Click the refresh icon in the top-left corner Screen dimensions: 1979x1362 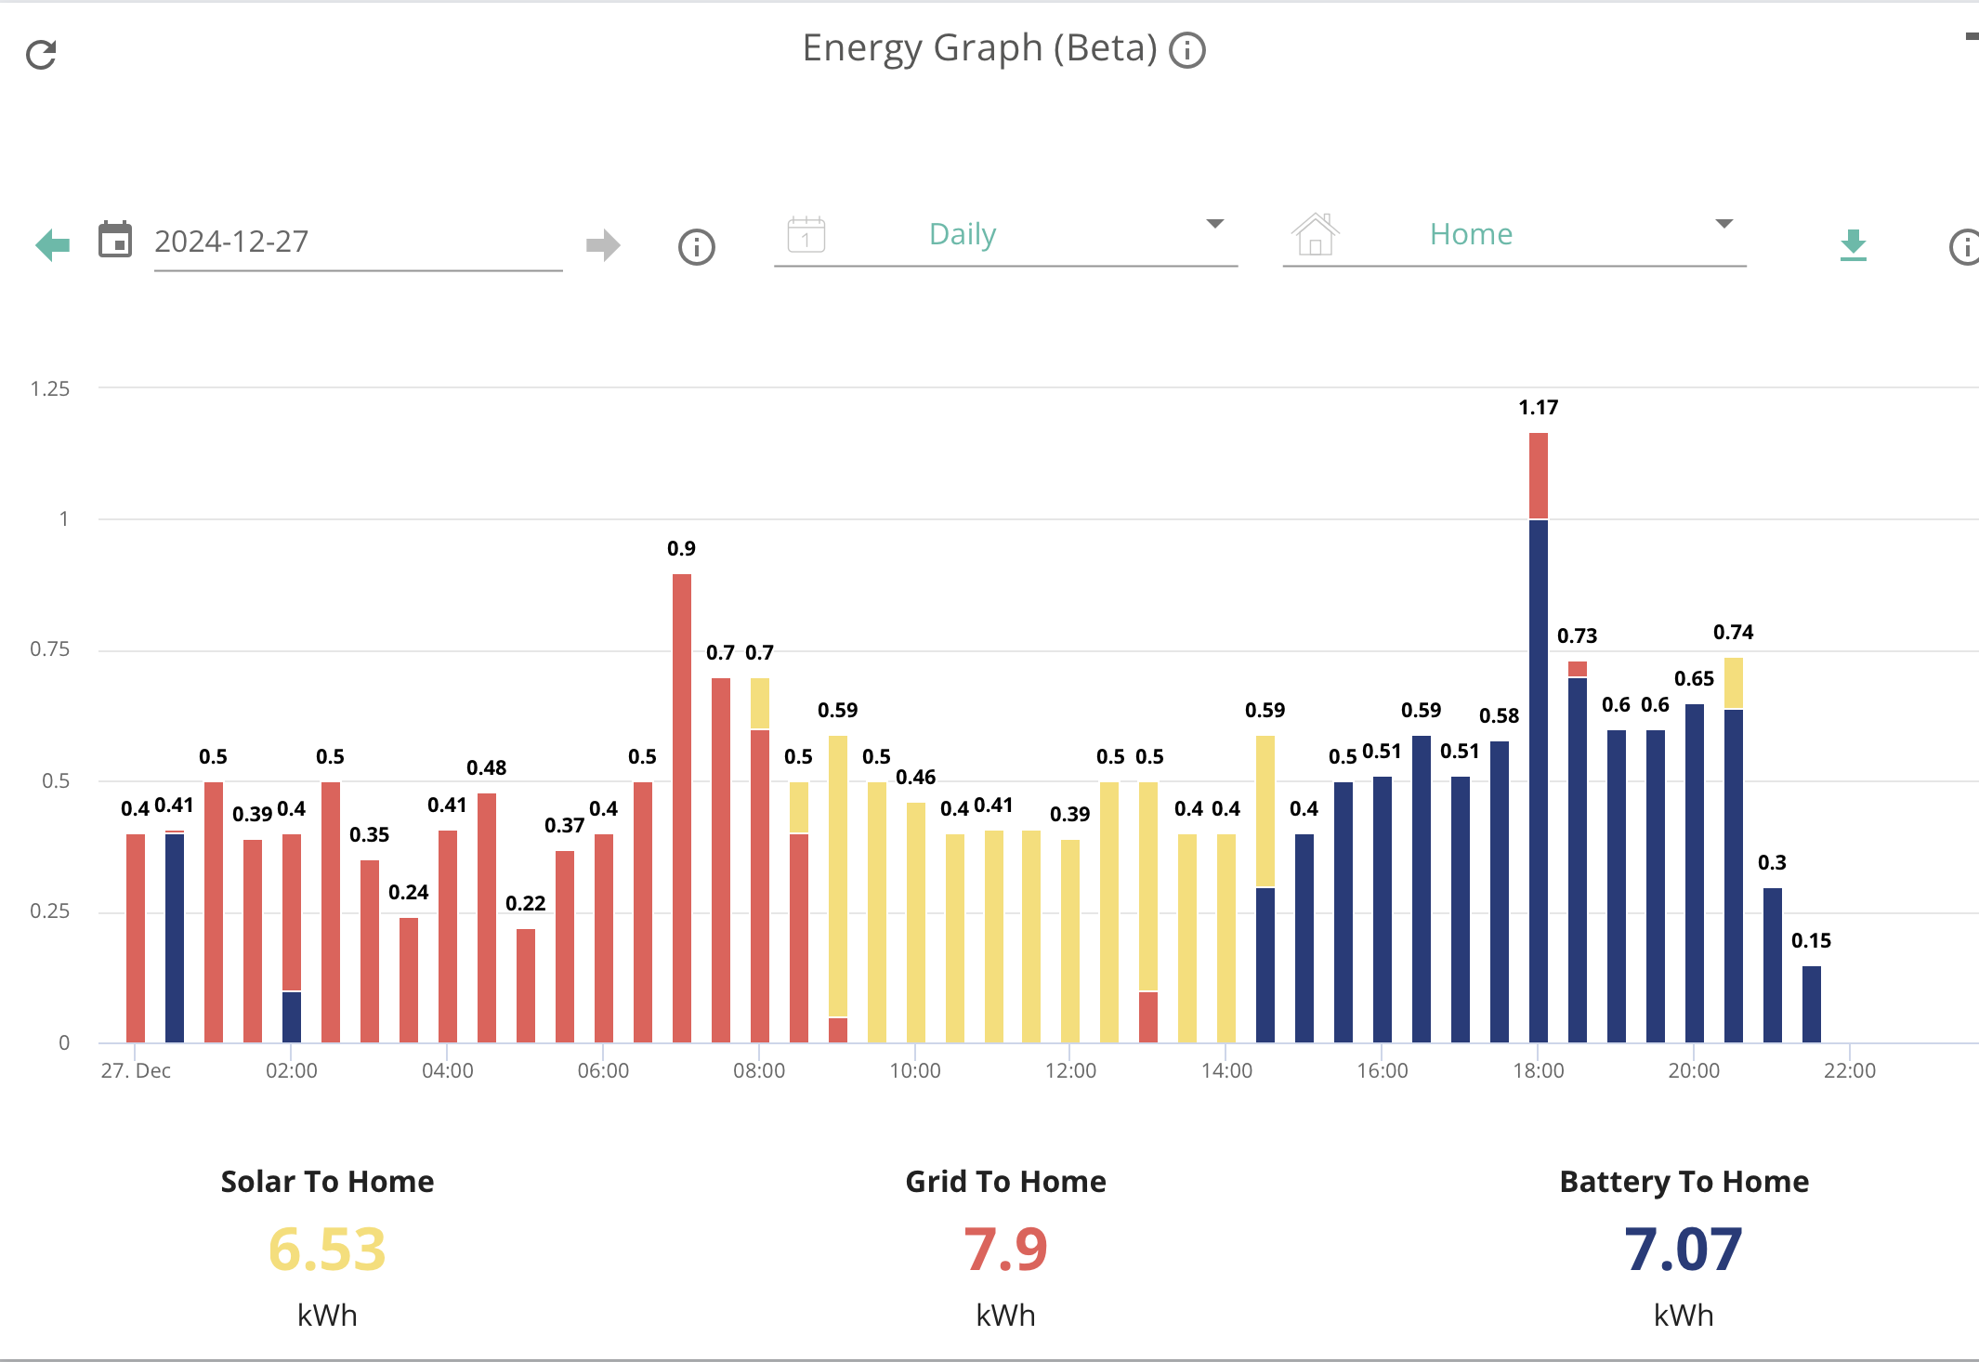(41, 55)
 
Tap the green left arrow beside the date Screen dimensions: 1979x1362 (53, 245)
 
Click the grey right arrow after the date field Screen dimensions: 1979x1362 (603, 245)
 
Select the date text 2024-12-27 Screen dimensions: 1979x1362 (231, 242)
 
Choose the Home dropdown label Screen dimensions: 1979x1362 (1471, 234)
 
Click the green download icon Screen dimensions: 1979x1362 (1853, 245)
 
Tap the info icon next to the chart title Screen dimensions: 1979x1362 (1186, 50)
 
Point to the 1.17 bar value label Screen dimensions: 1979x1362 (1538, 407)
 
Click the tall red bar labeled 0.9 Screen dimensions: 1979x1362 (681, 808)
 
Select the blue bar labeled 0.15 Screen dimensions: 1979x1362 (1811, 1004)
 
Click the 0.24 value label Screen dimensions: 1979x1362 (408, 892)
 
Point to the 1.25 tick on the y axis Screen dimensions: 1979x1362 (49, 388)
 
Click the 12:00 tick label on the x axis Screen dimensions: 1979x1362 (1070, 1070)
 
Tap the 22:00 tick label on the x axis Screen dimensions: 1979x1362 (1849, 1070)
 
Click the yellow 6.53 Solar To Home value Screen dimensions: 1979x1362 (327, 1249)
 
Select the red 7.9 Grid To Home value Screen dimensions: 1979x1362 (1005, 1249)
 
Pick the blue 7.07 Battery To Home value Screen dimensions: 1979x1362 (1684, 1249)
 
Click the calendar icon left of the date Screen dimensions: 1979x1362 (115, 240)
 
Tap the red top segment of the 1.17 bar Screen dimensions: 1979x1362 (1538, 476)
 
